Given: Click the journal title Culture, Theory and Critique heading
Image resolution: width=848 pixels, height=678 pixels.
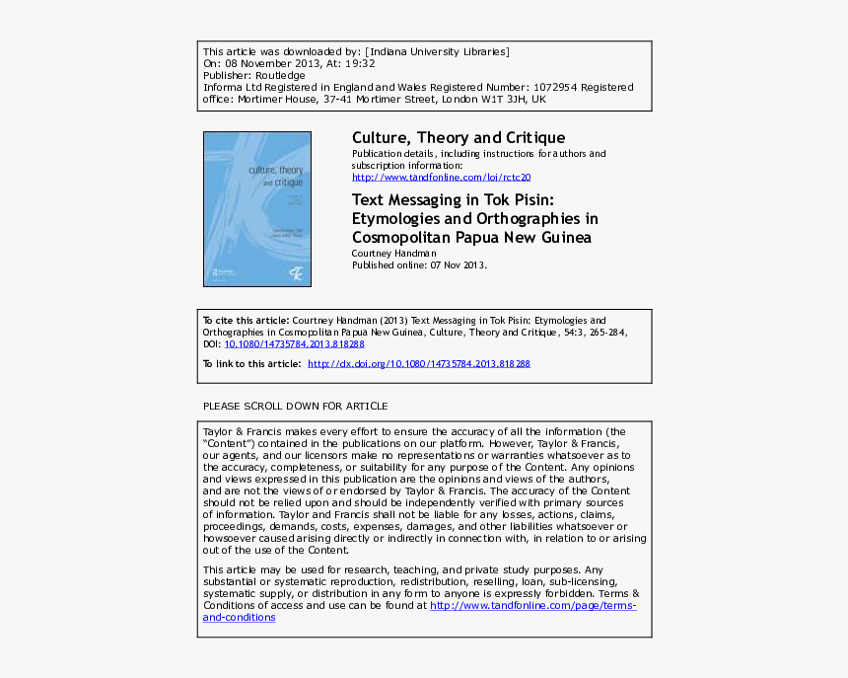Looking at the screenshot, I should click(x=459, y=138).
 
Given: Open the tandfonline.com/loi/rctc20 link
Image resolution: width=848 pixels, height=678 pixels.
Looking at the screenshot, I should click(x=441, y=178).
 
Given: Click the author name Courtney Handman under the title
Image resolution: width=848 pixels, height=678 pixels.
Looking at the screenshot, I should click(x=393, y=254).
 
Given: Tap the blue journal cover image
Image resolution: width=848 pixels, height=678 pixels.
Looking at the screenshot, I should click(x=257, y=209).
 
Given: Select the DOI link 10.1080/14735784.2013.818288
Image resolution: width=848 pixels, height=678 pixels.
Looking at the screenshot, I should click(x=295, y=344).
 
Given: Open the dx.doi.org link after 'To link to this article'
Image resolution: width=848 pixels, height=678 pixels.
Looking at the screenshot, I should click(x=419, y=364).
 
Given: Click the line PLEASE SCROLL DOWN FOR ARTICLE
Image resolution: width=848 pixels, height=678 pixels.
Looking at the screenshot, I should click(x=295, y=407).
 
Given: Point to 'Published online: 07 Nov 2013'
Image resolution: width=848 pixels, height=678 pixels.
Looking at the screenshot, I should click(x=419, y=265).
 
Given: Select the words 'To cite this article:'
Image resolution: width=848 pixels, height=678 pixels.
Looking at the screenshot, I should click(x=246, y=321).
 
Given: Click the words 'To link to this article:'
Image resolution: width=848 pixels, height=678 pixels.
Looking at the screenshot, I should click(x=251, y=364).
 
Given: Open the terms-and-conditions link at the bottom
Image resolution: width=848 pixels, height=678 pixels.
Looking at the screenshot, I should click(x=239, y=618).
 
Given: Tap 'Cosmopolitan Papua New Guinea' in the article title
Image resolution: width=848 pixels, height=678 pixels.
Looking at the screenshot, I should click(x=473, y=238).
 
